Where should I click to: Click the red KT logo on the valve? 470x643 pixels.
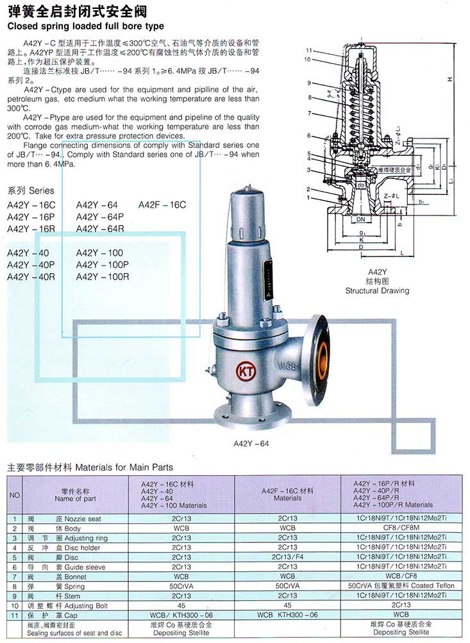245,371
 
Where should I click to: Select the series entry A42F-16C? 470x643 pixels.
162,205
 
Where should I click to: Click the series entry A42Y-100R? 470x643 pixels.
103,276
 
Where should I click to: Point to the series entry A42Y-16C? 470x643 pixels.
31,205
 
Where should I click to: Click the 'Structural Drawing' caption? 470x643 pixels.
377,290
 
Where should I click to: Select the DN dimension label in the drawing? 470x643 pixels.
361,219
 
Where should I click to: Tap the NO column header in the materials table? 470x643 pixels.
14,494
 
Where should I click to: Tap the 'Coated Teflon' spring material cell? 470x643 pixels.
400,585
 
